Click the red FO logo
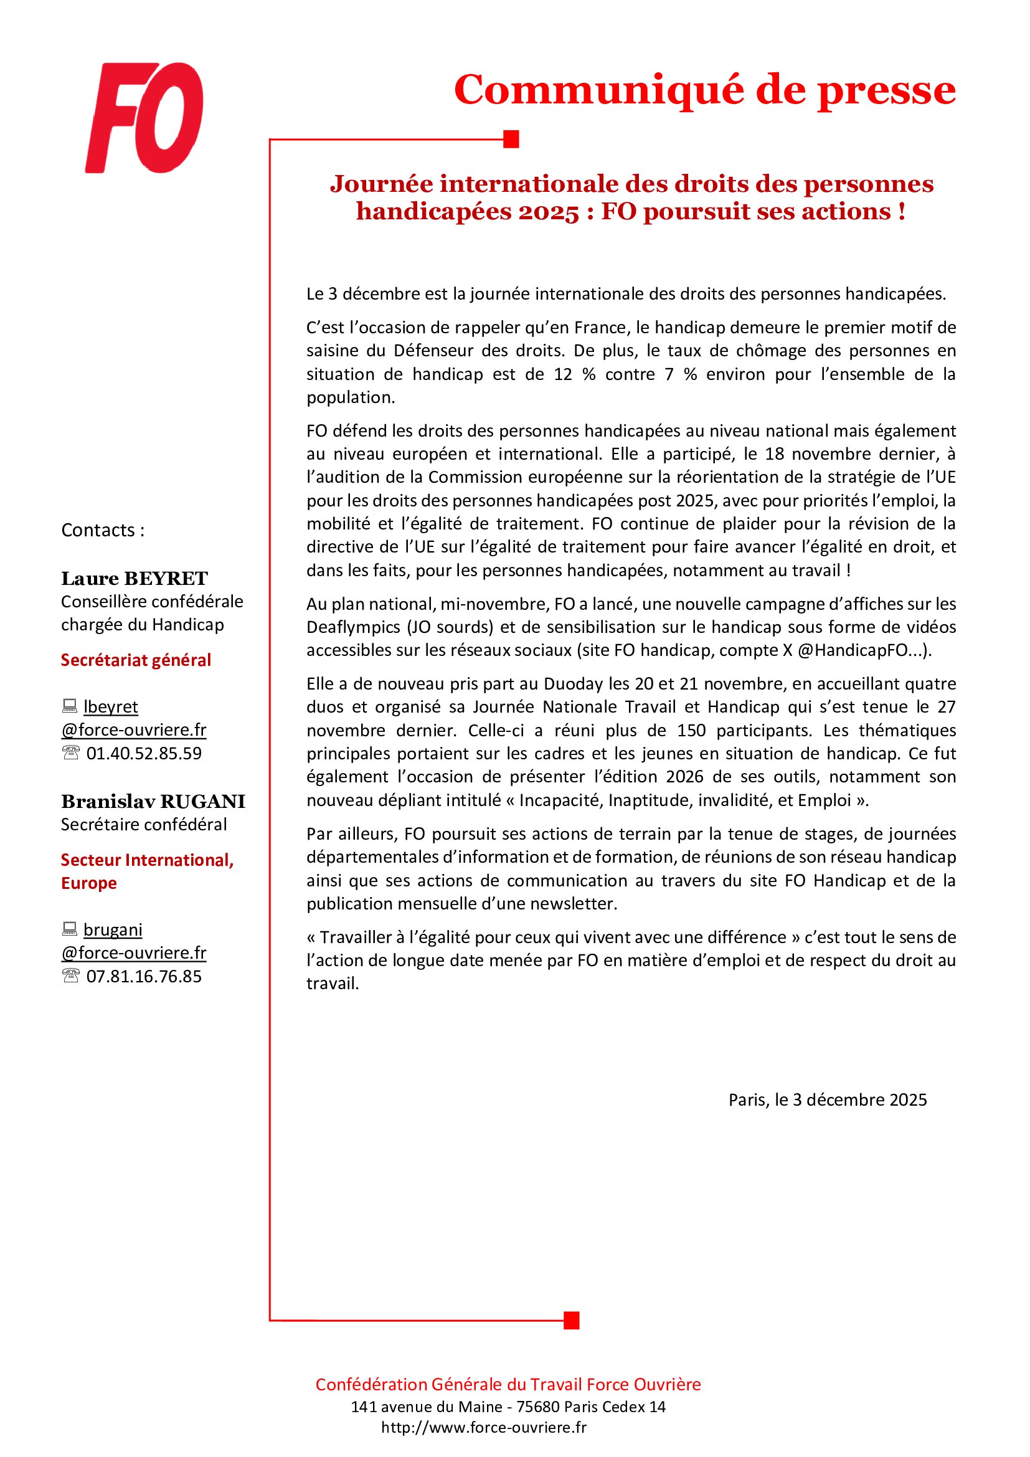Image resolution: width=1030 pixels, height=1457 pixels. point(144,117)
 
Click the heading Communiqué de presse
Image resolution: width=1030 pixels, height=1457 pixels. point(704,90)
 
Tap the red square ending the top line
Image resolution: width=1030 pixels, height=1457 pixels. point(511,139)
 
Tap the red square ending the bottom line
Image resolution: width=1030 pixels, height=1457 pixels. point(572,1320)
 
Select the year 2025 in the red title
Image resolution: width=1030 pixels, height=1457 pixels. point(549,211)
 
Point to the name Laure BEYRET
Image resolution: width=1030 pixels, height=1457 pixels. point(135,578)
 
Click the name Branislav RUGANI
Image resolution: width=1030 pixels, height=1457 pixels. point(153,802)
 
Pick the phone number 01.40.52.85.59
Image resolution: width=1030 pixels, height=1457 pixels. point(144,753)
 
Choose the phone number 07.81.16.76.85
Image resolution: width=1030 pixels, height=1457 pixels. point(144,976)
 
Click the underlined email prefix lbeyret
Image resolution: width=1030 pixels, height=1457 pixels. point(111,706)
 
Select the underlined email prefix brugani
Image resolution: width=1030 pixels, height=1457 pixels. point(113,929)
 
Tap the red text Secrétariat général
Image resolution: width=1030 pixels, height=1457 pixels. point(136,660)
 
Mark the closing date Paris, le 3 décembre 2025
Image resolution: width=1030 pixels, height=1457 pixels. point(827,1099)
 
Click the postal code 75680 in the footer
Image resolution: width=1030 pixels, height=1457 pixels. point(538,1407)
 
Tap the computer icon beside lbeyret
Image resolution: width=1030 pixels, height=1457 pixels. point(70,706)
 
